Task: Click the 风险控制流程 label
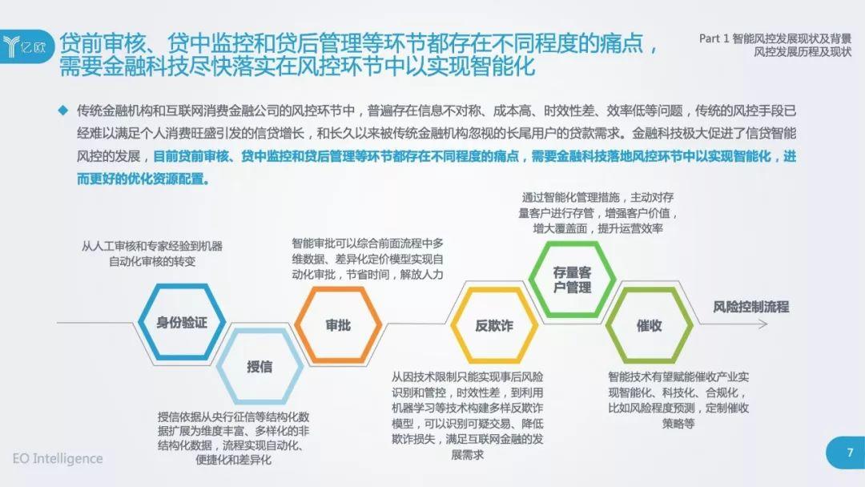750,307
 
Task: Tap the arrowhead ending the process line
764,324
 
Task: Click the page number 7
850,453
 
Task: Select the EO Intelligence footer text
58,458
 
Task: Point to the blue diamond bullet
63,111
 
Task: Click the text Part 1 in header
714,38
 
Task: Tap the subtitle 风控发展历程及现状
803,52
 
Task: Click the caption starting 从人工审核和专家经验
151,254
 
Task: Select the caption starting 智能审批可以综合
368,259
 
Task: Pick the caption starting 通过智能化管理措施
597,213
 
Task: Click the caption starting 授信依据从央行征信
233,438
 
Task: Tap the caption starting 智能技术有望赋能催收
678,400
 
